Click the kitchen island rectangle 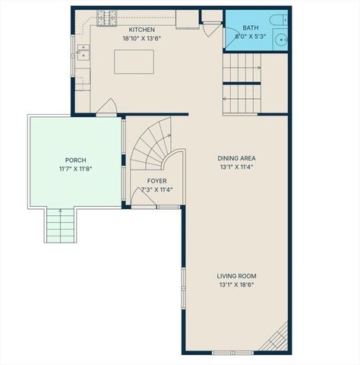click(134, 62)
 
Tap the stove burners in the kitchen click(106, 15)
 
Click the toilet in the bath click(280, 21)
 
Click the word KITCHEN click(142, 30)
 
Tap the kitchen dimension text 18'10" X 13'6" click(142, 38)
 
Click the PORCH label click(75, 160)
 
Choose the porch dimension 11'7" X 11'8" click(75, 168)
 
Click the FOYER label click(157, 181)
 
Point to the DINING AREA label click(235, 158)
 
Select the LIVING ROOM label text click(236, 276)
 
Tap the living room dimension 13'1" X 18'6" click(236, 285)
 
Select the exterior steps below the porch click(61, 225)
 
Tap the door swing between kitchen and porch click(107, 107)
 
